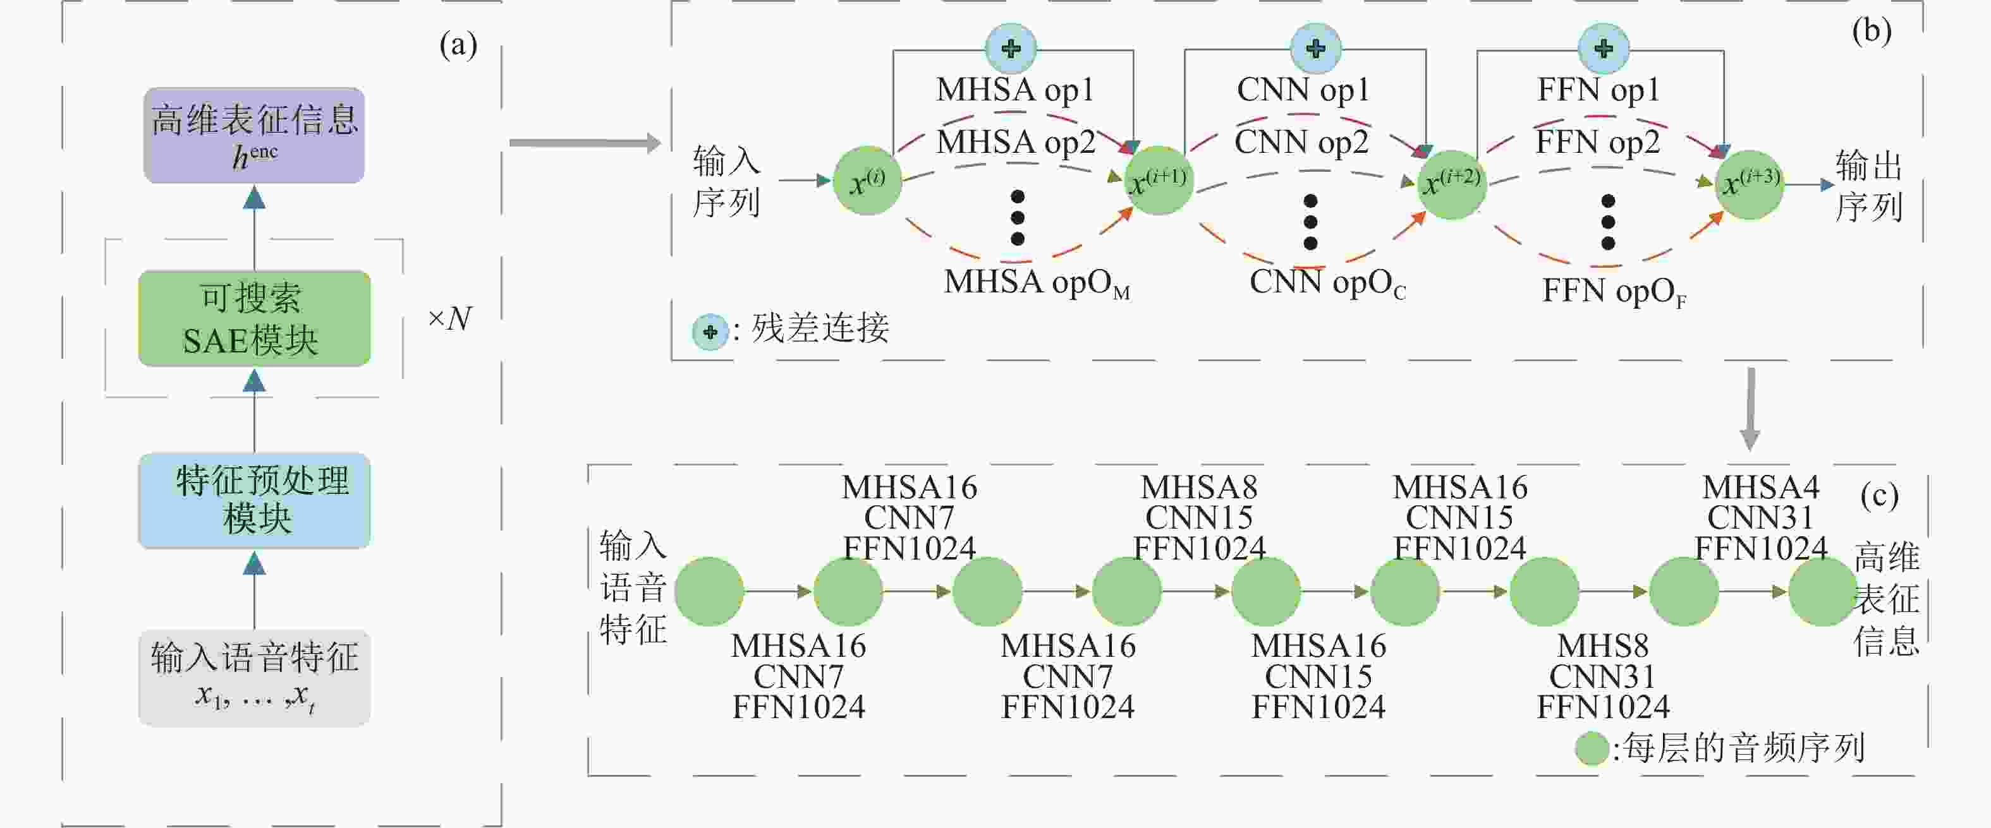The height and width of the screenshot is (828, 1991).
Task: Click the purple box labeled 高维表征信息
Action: (253, 135)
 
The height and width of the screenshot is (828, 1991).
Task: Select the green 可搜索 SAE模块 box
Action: (254, 318)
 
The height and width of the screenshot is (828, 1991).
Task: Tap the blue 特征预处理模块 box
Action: (254, 500)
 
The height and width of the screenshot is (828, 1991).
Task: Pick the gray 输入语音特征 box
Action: (254, 678)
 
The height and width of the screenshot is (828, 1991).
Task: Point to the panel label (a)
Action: (458, 45)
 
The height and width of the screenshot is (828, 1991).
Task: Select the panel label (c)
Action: (1879, 496)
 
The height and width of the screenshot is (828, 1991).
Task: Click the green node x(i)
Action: (867, 181)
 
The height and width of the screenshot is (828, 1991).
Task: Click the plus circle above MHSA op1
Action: (1011, 48)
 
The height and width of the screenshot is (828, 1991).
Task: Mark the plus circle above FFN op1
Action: (1604, 48)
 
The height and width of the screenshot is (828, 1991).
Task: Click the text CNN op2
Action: (1301, 142)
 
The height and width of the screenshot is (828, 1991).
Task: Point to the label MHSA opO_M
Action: (1037, 283)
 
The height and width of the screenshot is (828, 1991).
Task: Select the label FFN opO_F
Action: (1614, 292)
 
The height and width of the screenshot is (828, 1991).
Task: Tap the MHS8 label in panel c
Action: (1603, 645)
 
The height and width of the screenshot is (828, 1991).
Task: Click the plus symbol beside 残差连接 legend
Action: (710, 332)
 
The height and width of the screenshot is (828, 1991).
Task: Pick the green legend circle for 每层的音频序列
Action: (1592, 748)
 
